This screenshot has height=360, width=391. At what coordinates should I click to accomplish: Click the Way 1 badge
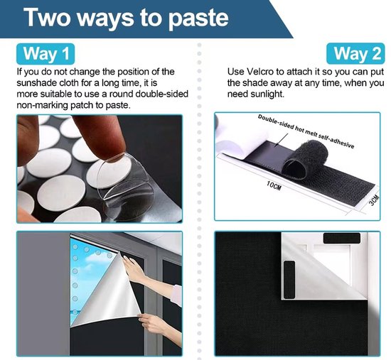(x=45, y=54)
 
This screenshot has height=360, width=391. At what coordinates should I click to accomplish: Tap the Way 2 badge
(x=356, y=53)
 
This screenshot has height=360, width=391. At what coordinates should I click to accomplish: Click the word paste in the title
(x=198, y=18)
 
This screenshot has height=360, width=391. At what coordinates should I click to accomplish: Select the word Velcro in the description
(x=260, y=72)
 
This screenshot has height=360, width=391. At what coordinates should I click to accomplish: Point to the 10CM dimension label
(x=274, y=185)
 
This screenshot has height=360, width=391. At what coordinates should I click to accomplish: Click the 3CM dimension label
(x=374, y=200)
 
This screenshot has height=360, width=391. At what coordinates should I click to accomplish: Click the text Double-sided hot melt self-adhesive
(x=306, y=131)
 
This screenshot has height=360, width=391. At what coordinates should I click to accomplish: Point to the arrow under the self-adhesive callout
(x=282, y=139)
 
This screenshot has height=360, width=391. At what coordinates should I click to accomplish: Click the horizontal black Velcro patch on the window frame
(x=342, y=239)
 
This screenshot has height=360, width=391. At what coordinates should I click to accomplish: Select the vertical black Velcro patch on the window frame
(x=289, y=280)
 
